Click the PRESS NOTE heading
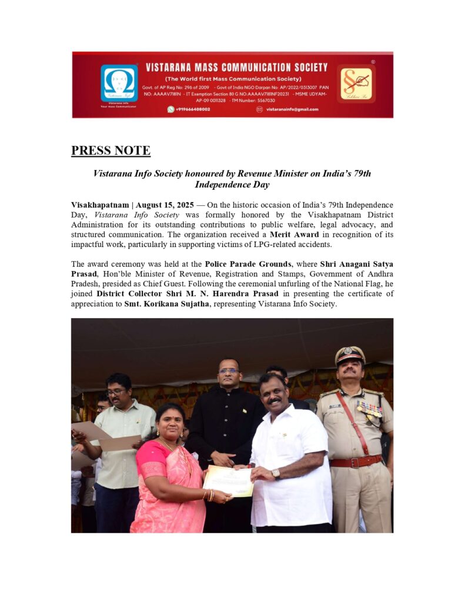[x=111, y=150]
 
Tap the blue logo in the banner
[x=119, y=83]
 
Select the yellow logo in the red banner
[x=356, y=83]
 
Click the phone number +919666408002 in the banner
[x=193, y=109]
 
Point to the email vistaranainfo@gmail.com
[x=292, y=109]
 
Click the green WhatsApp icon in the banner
[x=171, y=109]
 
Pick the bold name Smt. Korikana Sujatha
[x=163, y=305]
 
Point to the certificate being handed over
[x=228, y=481]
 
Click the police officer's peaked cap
[x=350, y=354]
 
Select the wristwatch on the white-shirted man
[x=275, y=473]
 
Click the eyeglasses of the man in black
[x=229, y=371]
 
